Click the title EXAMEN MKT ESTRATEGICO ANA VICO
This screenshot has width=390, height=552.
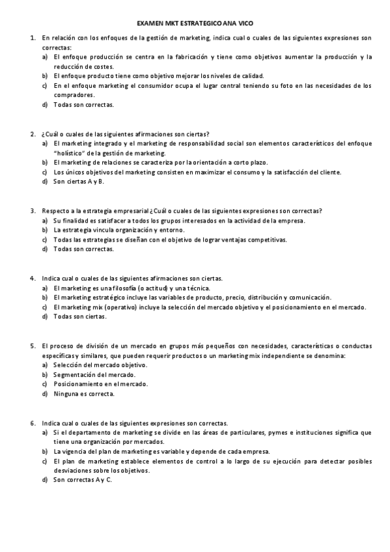(195, 22)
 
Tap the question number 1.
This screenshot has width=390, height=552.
(33, 38)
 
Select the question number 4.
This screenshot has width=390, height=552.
(33, 278)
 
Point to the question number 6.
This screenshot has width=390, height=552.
(33, 423)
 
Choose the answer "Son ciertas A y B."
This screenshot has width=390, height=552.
(79, 182)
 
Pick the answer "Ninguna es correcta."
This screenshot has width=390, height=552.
(84, 394)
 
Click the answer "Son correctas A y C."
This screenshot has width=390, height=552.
(83, 480)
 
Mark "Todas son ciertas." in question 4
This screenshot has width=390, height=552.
(80, 316)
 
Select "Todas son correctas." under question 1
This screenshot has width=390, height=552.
(83, 105)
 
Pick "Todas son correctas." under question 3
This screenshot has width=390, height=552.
(83, 249)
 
